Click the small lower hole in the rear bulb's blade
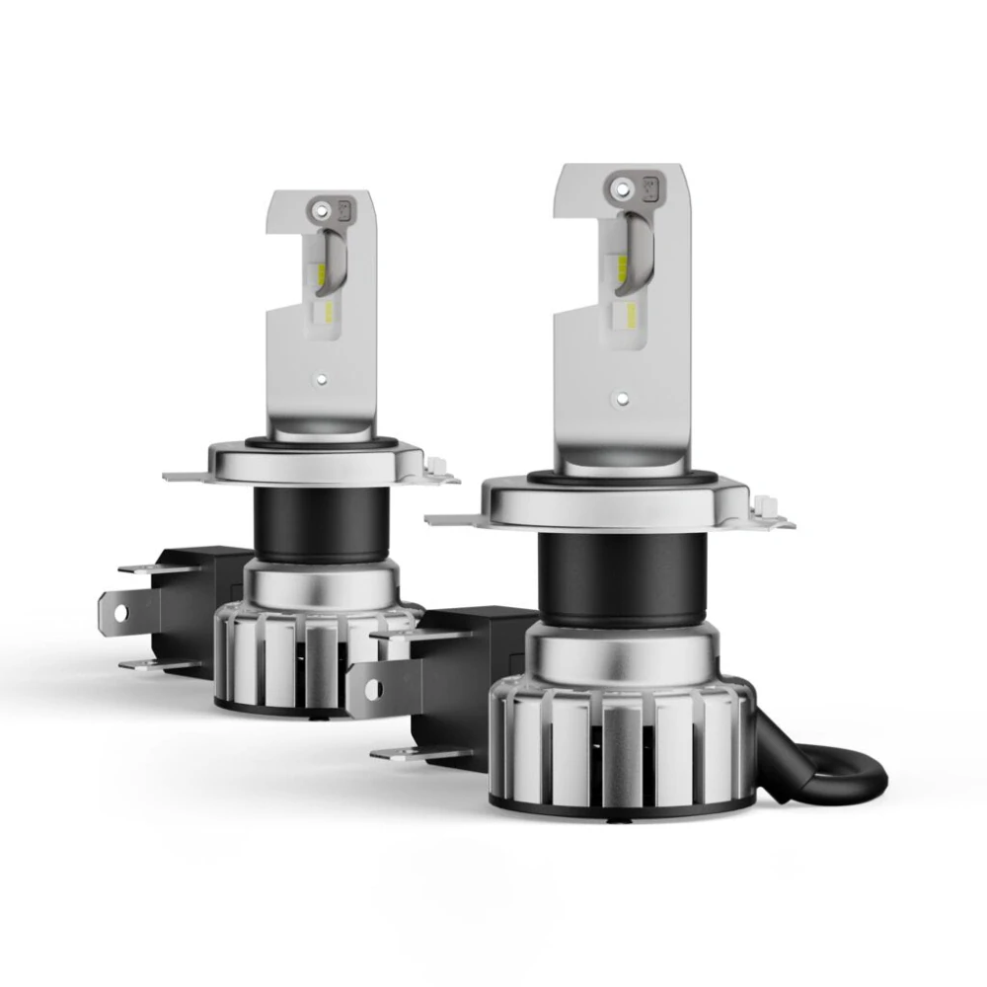click(322, 378)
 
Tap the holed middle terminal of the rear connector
click(122, 613)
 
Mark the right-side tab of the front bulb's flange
click(775, 513)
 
